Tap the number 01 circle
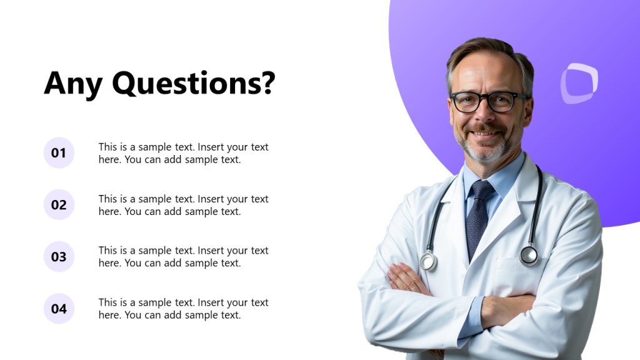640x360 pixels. [59, 153]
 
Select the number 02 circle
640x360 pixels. [59, 205]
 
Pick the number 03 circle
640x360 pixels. [59, 257]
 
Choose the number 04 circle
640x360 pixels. [59, 309]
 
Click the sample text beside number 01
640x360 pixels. [183, 153]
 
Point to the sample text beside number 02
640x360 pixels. [183, 205]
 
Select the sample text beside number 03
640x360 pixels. [183, 257]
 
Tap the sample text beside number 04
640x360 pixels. [183, 309]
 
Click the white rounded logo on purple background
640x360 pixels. [579, 83]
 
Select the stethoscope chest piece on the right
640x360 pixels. [529, 255]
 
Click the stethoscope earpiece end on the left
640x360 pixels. [428, 261]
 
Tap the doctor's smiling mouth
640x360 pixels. [486, 133]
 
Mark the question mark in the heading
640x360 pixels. [268, 83]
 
